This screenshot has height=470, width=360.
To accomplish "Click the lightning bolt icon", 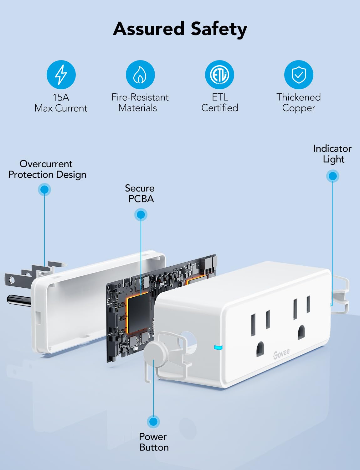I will click(61, 75).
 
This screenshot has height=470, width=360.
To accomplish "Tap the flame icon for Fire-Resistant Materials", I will click(140, 75).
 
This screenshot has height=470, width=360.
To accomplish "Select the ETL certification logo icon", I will click(219, 75).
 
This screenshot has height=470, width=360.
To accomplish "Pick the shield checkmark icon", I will click(299, 75).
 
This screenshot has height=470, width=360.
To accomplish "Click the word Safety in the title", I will click(219, 29).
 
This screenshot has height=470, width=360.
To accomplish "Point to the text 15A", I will click(61, 97).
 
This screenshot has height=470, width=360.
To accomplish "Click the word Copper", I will click(298, 108).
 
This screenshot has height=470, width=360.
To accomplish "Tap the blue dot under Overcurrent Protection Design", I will click(44, 189).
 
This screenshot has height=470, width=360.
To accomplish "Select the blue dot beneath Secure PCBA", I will click(141, 215).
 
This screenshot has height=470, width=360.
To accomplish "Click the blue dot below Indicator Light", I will click(333, 176).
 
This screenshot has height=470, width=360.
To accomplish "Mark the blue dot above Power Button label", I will click(153, 421).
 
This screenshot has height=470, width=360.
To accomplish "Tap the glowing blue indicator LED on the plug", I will click(218, 347).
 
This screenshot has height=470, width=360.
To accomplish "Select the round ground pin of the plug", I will click(19, 300).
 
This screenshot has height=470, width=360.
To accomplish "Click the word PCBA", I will click(141, 199).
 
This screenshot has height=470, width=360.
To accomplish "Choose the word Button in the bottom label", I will click(154, 447).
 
